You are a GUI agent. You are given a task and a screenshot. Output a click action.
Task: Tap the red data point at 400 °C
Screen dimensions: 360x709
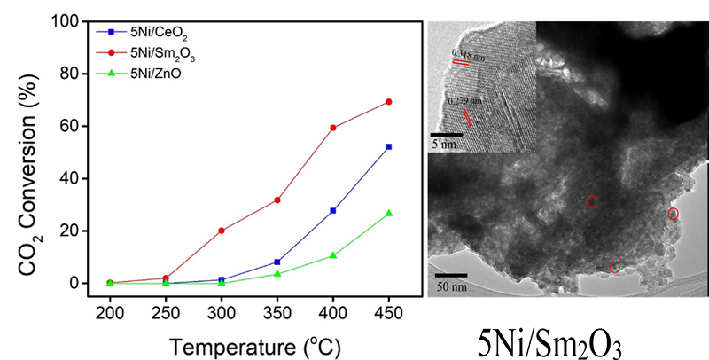[x=333, y=128]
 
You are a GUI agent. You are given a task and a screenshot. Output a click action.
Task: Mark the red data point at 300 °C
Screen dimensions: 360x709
[x=222, y=231]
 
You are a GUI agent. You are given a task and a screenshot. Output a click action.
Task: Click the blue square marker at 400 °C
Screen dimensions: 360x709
[x=333, y=210]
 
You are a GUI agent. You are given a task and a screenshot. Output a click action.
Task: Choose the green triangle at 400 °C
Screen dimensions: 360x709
[x=333, y=255]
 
